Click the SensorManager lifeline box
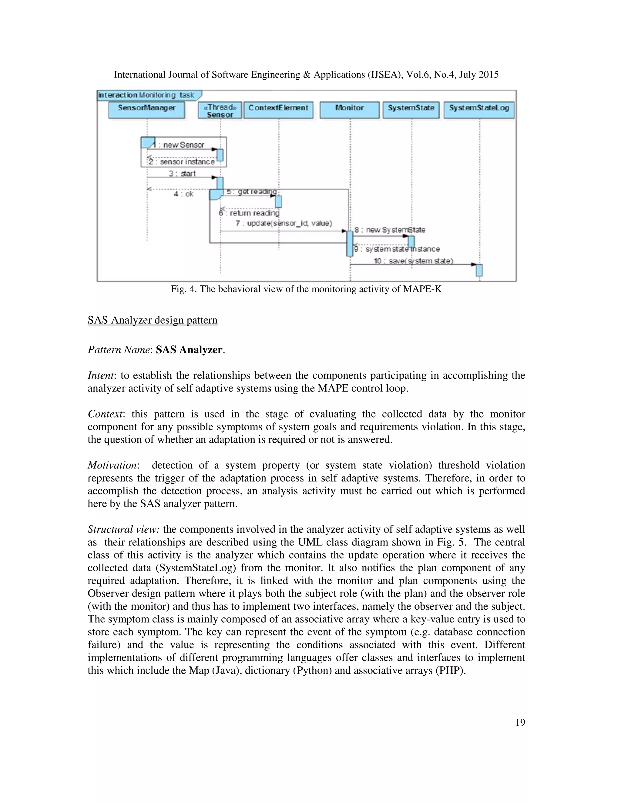pos(146,110)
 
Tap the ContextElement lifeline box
pos(278,110)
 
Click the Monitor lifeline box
pos(349,110)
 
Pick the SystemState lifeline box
pos(411,110)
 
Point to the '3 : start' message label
pos(182,174)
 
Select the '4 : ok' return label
pos(183,194)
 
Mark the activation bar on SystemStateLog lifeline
pos(479,270)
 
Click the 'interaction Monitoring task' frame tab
pos(147,95)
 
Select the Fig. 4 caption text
pos(306,289)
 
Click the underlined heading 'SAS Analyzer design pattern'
pos(152,320)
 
